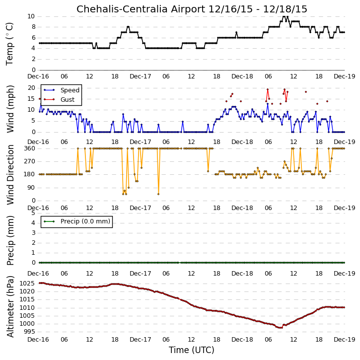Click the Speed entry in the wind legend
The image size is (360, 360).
(70, 90)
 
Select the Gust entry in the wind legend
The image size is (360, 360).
(68, 100)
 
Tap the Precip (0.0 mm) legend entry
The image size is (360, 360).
(85, 221)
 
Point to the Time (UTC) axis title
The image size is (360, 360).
(192, 350)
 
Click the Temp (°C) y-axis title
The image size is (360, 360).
(9, 44)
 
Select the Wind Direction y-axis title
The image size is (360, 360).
(10, 175)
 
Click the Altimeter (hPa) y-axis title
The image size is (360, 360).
(10, 306)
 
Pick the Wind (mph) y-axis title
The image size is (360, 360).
(10, 109)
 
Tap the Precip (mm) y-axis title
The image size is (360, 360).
(10, 240)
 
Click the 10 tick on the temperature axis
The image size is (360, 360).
(31, 16)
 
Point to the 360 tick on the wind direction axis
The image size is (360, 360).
(30, 148)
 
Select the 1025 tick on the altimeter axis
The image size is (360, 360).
(27, 284)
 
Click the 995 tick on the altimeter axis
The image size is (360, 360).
(29, 332)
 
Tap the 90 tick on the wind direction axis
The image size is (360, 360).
(32, 188)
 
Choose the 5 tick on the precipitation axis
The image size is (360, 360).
(33, 213)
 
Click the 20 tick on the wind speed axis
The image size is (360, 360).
(32, 88)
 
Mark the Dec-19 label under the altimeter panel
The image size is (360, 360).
(345, 339)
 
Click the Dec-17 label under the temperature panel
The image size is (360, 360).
(141, 76)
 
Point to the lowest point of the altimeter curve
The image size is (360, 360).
(281, 328)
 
